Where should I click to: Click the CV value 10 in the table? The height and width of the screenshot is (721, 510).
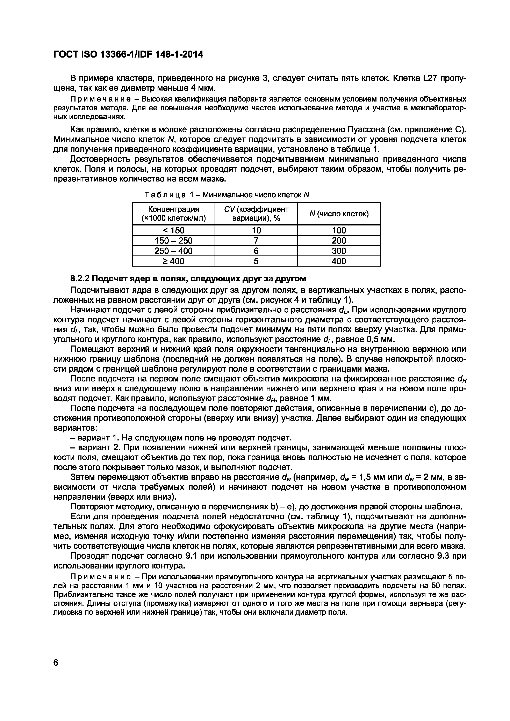click(256, 230)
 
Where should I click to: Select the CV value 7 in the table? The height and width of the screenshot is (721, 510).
click(256, 241)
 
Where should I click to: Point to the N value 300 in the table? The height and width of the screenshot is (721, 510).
click(339, 251)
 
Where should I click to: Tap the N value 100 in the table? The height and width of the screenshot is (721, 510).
click(339, 230)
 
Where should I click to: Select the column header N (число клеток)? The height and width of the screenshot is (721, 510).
click(339, 214)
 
